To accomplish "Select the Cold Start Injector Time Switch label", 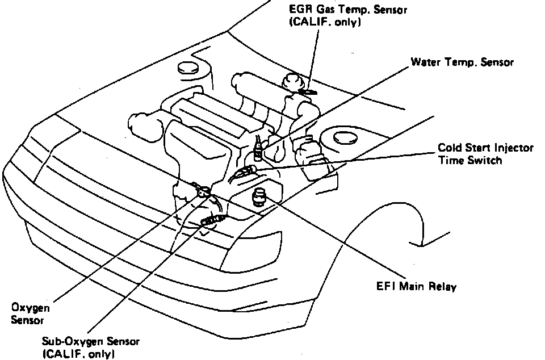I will click(x=485, y=154).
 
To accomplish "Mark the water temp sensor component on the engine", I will click(x=259, y=149).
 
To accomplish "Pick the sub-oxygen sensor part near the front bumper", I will click(x=214, y=220).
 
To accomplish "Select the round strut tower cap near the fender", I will click(x=343, y=137).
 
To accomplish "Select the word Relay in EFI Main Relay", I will click(x=443, y=287).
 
